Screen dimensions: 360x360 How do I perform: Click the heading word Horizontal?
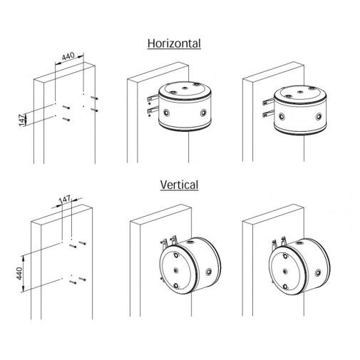click(x=174, y=43)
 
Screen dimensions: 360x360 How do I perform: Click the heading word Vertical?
click(x=179, y=185)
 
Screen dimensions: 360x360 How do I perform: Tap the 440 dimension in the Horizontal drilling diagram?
click(x=68, y=56)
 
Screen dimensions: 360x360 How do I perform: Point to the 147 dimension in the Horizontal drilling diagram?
click(x=23, y=120)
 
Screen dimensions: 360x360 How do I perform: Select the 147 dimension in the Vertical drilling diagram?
click(x=65, y=199)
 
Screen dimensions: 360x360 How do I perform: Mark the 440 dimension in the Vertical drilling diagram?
click(x=19, y=274)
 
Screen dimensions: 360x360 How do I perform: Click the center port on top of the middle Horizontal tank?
click(x=185, y=88)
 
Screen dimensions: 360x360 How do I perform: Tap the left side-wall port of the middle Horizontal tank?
click(x=168, y=112)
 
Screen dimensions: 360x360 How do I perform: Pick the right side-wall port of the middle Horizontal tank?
click(x=203, y=112)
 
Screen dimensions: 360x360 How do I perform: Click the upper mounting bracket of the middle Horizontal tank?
click(x=152, y=98)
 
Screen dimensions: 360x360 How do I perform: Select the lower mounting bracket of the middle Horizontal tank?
click(x=153, y=110)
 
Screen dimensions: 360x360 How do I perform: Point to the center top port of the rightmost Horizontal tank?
click(x=300, y=92)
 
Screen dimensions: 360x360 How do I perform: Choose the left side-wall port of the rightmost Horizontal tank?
click(x=282, y=116)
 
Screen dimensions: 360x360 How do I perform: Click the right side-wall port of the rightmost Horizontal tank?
click(x=319, y=116)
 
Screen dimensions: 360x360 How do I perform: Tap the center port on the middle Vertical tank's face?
click(x=176, y=270)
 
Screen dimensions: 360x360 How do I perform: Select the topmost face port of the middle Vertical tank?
click(x=176, y=255)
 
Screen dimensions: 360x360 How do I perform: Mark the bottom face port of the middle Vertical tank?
click(x=176, y=286)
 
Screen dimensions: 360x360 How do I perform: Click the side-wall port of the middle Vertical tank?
click(x=209, y=272)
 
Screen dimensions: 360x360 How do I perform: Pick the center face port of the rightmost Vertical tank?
click(x=285, y=271)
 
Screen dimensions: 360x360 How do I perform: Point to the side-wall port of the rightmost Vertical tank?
click(x=318, y=272)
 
